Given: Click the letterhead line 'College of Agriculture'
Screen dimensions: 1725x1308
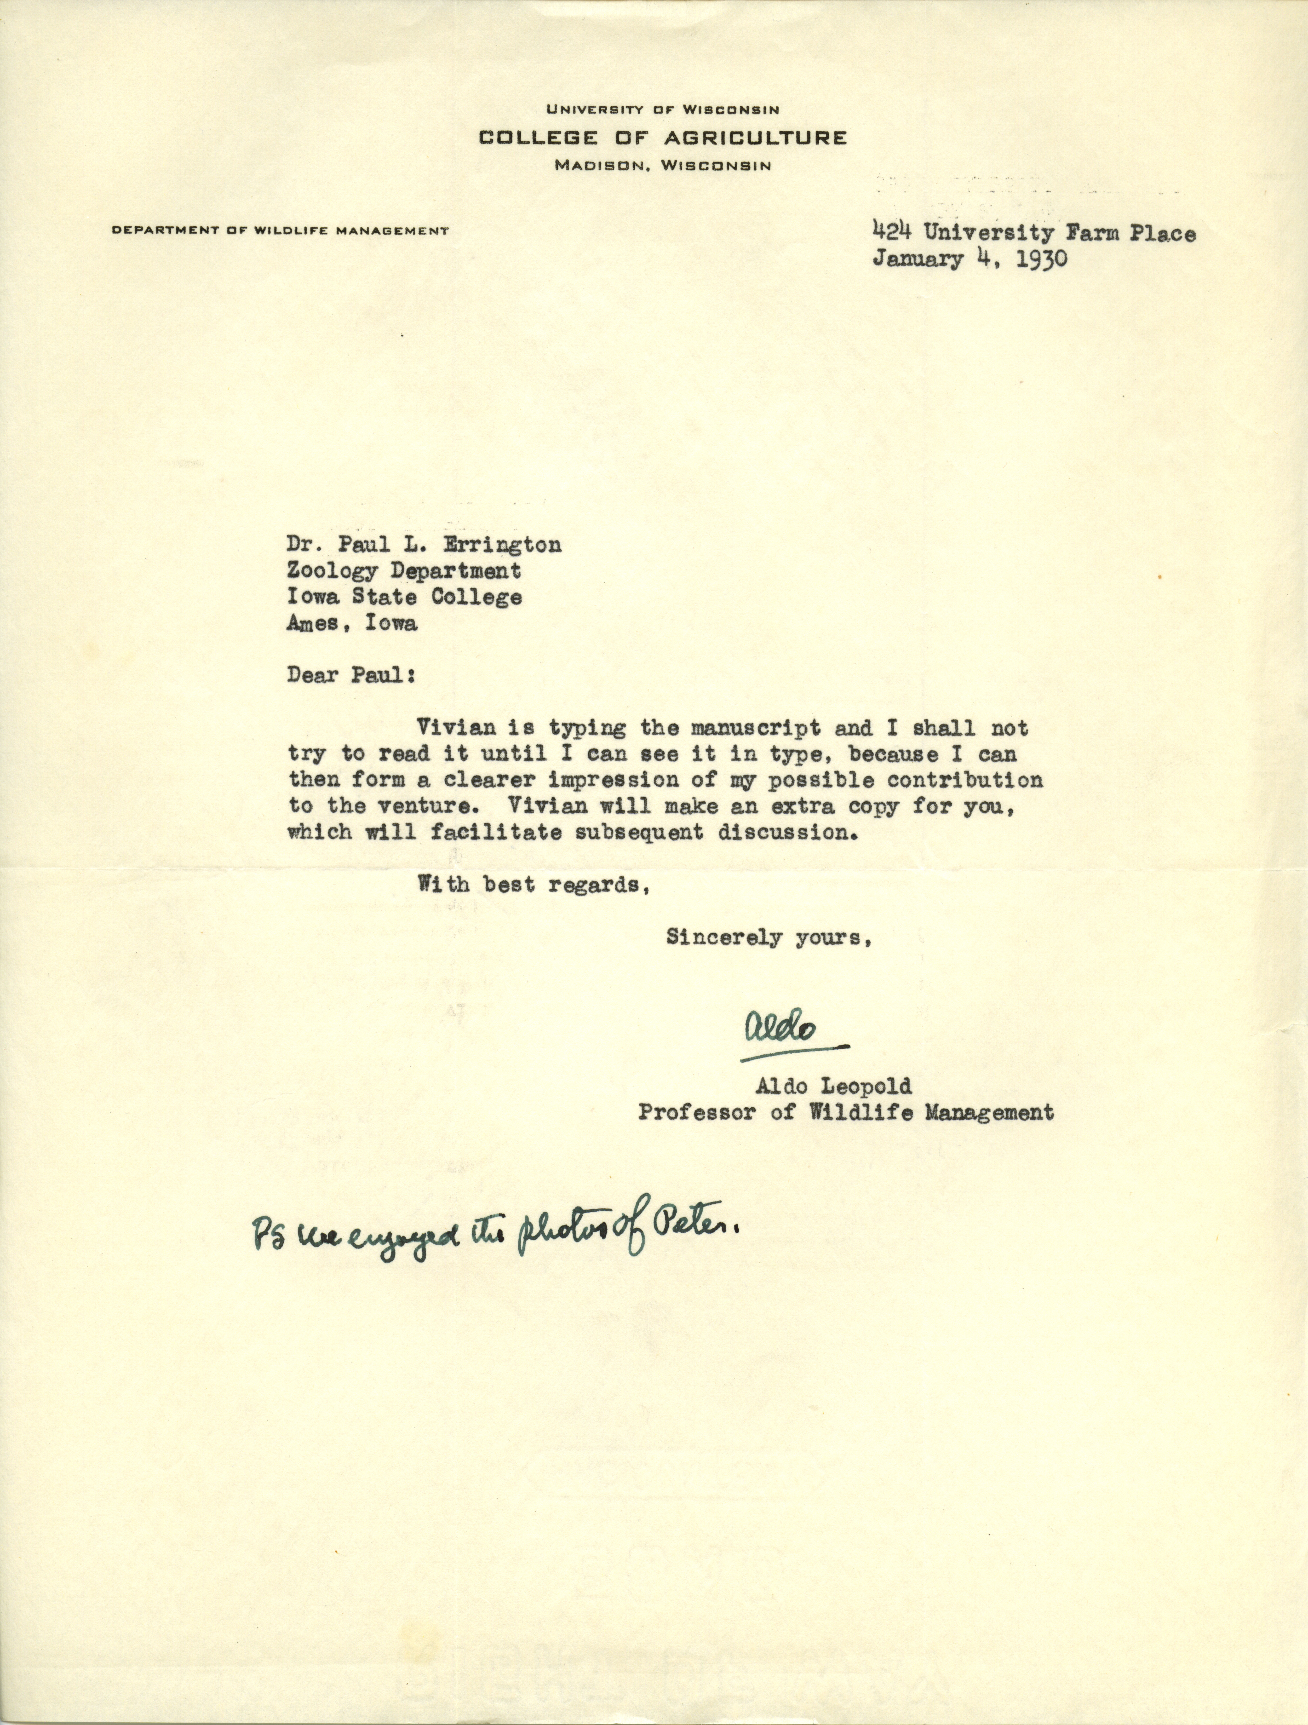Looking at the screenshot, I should point(662,138).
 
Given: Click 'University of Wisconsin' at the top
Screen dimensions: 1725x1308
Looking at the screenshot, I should point(662,111).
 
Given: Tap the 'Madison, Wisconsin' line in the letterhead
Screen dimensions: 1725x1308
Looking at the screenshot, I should point(662,165).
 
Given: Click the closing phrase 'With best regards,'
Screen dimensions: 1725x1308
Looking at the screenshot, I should point(533,885).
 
